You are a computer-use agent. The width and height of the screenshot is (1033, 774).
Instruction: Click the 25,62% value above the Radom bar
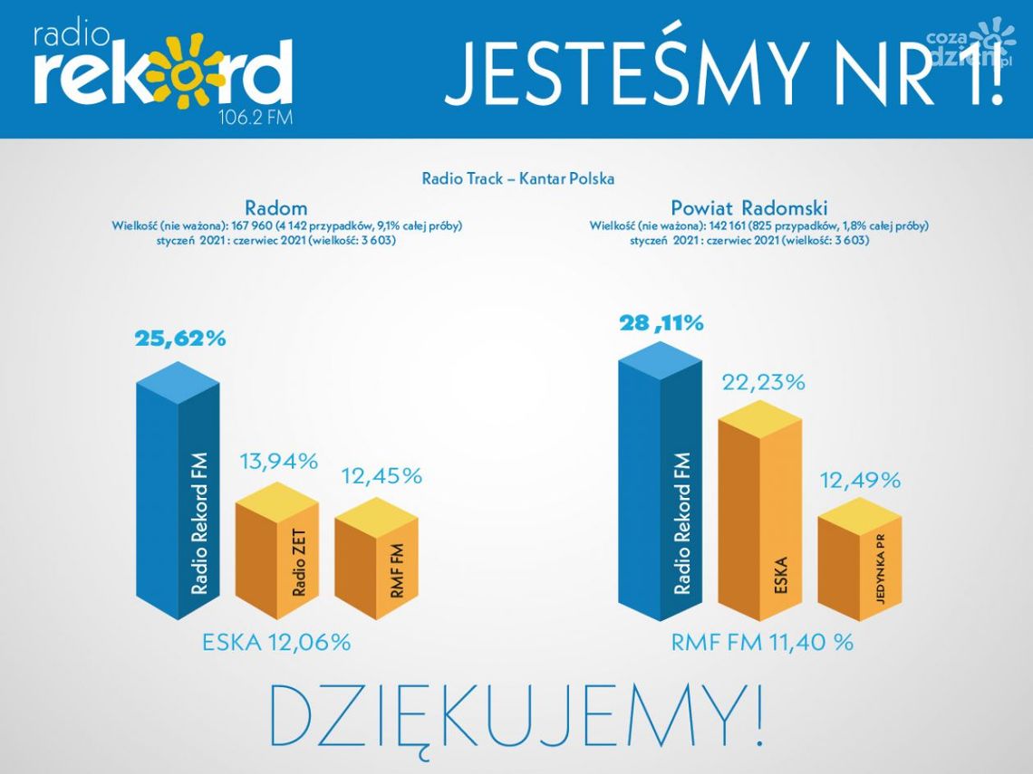coord(180,339)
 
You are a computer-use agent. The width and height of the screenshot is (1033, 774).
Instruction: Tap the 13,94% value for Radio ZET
coord(278,463)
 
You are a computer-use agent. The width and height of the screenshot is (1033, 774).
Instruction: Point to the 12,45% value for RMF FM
coord(381,475)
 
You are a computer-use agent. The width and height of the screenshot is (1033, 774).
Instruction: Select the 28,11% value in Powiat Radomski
coord(661,323)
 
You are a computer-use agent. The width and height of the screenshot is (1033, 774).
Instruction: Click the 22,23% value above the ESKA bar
coord(763,382)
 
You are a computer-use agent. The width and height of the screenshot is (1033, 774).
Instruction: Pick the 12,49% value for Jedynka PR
coord(860,481)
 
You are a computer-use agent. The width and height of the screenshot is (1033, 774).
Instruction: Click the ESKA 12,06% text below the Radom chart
coord(276,643)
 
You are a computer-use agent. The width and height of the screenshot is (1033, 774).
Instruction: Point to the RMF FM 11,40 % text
coord(762,643)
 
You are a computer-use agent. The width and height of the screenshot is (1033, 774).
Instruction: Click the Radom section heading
coord(275,208)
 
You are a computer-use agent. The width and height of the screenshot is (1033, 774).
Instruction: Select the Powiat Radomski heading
coord(749,208)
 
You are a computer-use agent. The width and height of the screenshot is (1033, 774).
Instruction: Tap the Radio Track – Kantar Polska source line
coord(517,178)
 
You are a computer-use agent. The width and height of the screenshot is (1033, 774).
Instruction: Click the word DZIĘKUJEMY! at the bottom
coord(517,715)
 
